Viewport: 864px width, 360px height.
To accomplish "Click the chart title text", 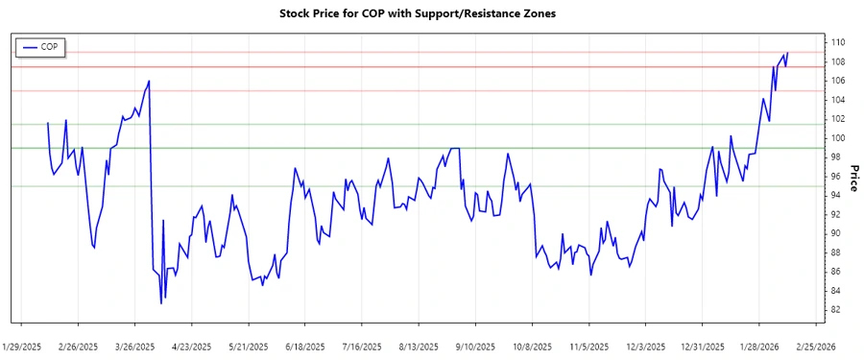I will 431,13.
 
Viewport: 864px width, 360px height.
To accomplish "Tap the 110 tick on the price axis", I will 837,42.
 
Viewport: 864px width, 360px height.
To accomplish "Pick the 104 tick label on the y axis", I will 837,100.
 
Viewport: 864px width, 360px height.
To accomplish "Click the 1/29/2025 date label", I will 22,346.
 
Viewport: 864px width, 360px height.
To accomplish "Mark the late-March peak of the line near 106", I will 149,81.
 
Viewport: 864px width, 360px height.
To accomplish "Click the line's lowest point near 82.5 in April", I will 161,304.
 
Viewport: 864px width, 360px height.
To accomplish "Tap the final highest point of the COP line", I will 787,53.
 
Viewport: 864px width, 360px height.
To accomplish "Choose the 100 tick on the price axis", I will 837,138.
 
